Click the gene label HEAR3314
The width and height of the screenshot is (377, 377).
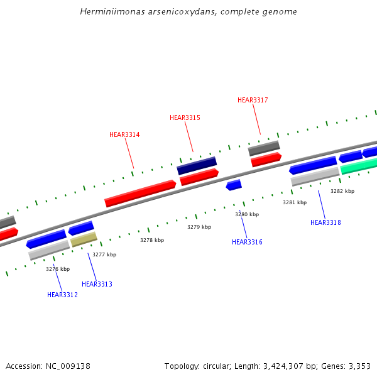[124, 134]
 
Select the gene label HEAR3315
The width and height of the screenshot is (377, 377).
[185, 117]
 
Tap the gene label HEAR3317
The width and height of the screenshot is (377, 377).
[253, 100]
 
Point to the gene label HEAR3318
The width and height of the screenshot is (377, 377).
[325, 222]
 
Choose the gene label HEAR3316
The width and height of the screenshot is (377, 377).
[247, 242]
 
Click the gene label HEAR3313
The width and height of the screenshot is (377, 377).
[97, 284]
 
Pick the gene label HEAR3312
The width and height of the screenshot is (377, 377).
[62, 295]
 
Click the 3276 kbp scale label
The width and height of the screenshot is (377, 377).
[58, 269]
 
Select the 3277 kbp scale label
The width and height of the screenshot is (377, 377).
[104, 254]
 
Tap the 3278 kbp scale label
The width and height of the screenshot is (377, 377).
[152, 240]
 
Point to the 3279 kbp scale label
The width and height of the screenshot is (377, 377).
[199, 227]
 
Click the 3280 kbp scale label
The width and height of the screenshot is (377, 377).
[247, 214]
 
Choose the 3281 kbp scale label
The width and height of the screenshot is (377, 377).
[295, 202]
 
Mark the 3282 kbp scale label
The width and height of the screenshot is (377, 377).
[342, 191]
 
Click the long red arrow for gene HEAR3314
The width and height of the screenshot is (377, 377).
[140, 193]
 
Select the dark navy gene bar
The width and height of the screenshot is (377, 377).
[197, 166]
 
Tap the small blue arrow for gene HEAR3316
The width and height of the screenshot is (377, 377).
[234, 185]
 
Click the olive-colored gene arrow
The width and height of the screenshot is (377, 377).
[84, 239]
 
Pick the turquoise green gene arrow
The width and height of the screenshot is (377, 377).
[359, 166]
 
